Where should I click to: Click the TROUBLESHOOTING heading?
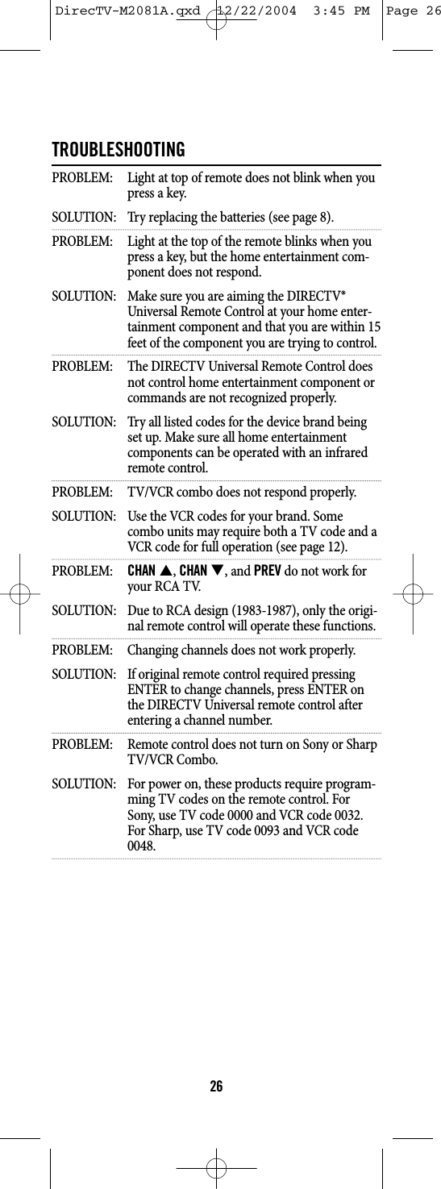click(118, 151)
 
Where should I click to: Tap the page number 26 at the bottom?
click(216, 1087)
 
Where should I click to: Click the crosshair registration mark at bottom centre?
click(216, 1166)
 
